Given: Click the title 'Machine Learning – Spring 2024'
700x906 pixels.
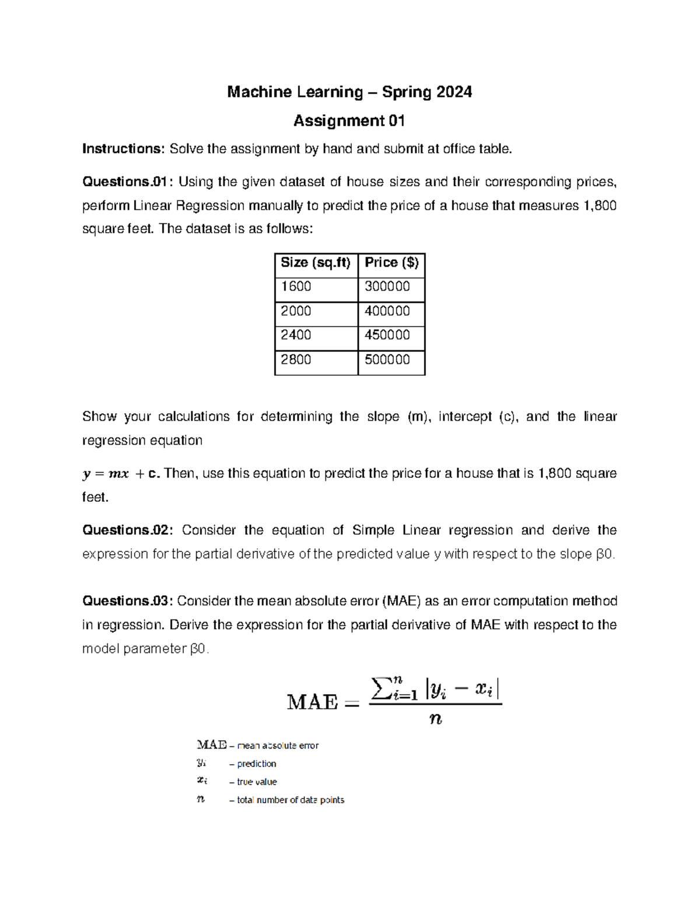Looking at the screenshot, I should [x=349, y=92].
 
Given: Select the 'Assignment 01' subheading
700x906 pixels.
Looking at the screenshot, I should [x=349, y=121].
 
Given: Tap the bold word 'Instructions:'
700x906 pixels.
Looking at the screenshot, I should [x=124, y=149].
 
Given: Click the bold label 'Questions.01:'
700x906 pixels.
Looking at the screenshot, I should [x=128, y=182].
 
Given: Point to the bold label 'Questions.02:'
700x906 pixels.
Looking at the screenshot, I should [x=128, y=530].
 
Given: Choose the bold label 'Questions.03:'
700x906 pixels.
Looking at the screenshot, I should [x=128, y=601].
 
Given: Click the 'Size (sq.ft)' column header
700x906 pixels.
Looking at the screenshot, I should [x=316, y=263].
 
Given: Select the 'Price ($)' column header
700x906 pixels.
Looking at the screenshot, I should [x=391, y=263].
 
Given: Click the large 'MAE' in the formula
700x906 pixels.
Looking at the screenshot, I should [x=313, y=702].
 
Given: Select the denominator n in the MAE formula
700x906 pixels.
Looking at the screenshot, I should [x=435, y=719].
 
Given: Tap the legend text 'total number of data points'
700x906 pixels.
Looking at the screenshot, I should [x=290, y=800].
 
